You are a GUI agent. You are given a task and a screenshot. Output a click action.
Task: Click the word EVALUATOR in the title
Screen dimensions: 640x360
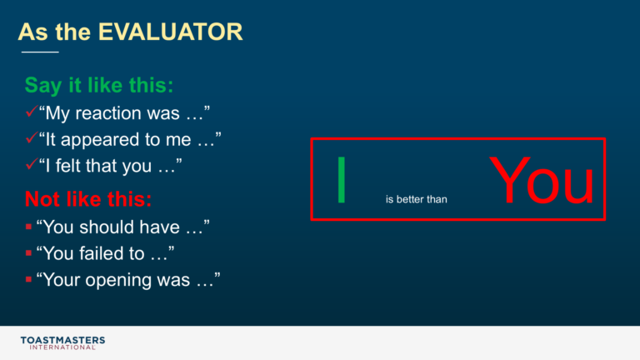pyautogui.click(x=171, y=32)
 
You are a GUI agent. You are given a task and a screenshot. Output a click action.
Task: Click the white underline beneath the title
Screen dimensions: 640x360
pyautogui.click(x=40, y=52)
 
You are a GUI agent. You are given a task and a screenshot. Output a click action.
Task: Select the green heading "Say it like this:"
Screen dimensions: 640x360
pyautogui.click(x=99, y=86)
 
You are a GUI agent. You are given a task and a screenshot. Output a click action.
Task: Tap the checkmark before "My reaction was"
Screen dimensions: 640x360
pyautogui.click(x=32, y=111)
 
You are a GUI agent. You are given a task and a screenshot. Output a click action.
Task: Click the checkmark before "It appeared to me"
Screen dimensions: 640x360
pyautogui.click(x=32, y=137)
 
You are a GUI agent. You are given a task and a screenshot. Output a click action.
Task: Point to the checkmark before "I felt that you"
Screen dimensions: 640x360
pyautogui.click(x=32, y=164)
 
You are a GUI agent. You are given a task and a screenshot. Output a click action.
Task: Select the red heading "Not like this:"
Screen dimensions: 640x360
pyautogui.click(x=88, y=199)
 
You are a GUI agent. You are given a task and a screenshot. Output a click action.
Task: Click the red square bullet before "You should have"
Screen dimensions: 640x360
pyautogui.click(x=28, y=227)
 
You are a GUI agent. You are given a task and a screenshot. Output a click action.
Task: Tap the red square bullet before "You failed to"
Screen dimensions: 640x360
pyautogui.click(x=28, y=253)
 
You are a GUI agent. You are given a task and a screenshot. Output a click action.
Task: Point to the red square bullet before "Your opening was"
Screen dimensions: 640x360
pyautogui.click(x=28, y=280)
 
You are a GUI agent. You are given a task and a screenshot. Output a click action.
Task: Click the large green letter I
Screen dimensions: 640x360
pyautogui.click(x=342, y=180)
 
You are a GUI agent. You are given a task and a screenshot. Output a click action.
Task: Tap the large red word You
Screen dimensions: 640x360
pyautogui.click(x=541, y=180)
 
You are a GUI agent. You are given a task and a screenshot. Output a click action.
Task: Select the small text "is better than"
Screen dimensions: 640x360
pyautogui.click(x=417, y=199)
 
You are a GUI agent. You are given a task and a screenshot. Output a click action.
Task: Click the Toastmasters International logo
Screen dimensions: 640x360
pyautogui.click(x=62, y=342)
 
